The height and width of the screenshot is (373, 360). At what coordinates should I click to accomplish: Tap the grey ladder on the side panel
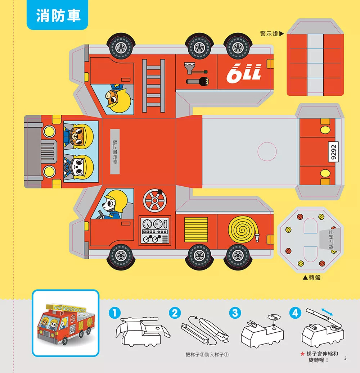coord(153,86)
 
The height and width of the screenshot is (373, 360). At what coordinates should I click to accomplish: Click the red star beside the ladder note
coord(303,354)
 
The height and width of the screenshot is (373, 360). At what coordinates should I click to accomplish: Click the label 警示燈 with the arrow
coord(272,34)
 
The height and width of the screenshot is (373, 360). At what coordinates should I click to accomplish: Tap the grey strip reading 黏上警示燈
coord(115,151)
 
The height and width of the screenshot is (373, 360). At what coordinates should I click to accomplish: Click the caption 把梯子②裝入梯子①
coord(208,355)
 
